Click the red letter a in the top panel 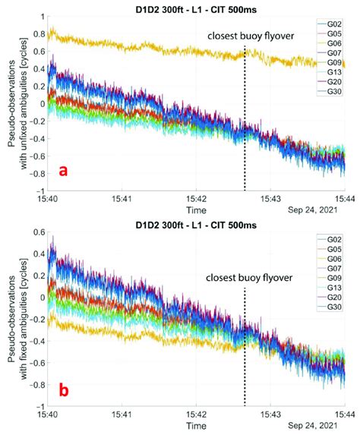[64, 171]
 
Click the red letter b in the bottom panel [64, 390]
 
